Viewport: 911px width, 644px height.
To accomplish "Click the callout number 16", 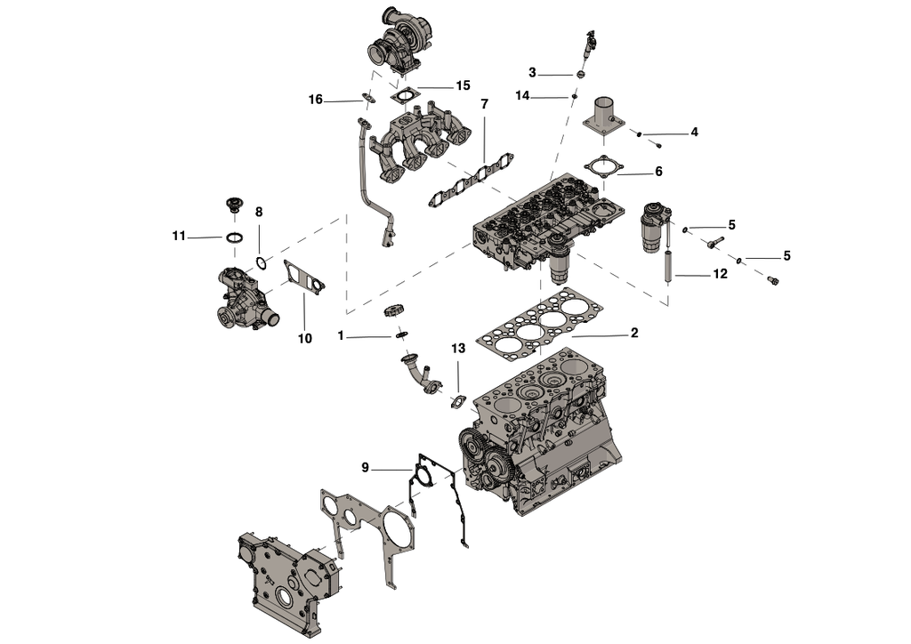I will click(316, 100).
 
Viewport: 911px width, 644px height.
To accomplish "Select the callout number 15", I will click(463, 86).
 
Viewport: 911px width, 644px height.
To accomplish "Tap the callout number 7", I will click(485, 105).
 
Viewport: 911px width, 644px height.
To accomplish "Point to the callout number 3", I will click(532, 72).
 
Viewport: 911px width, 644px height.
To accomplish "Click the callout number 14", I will click(522, 95).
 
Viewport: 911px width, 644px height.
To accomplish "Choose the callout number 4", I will click(695, 133).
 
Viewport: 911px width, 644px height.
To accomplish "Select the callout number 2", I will click(634, 334).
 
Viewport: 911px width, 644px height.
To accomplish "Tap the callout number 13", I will click(458, 349).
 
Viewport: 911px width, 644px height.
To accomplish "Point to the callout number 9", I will click(365, 467).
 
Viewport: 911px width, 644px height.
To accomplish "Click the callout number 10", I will click(304, 339).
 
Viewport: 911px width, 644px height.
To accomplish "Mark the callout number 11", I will click(179, 236).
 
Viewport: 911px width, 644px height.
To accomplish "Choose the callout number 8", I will click(259, 213).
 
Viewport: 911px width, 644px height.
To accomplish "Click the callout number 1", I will click(341, 336).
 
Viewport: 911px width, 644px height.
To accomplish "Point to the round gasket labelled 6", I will click(602, 166).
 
